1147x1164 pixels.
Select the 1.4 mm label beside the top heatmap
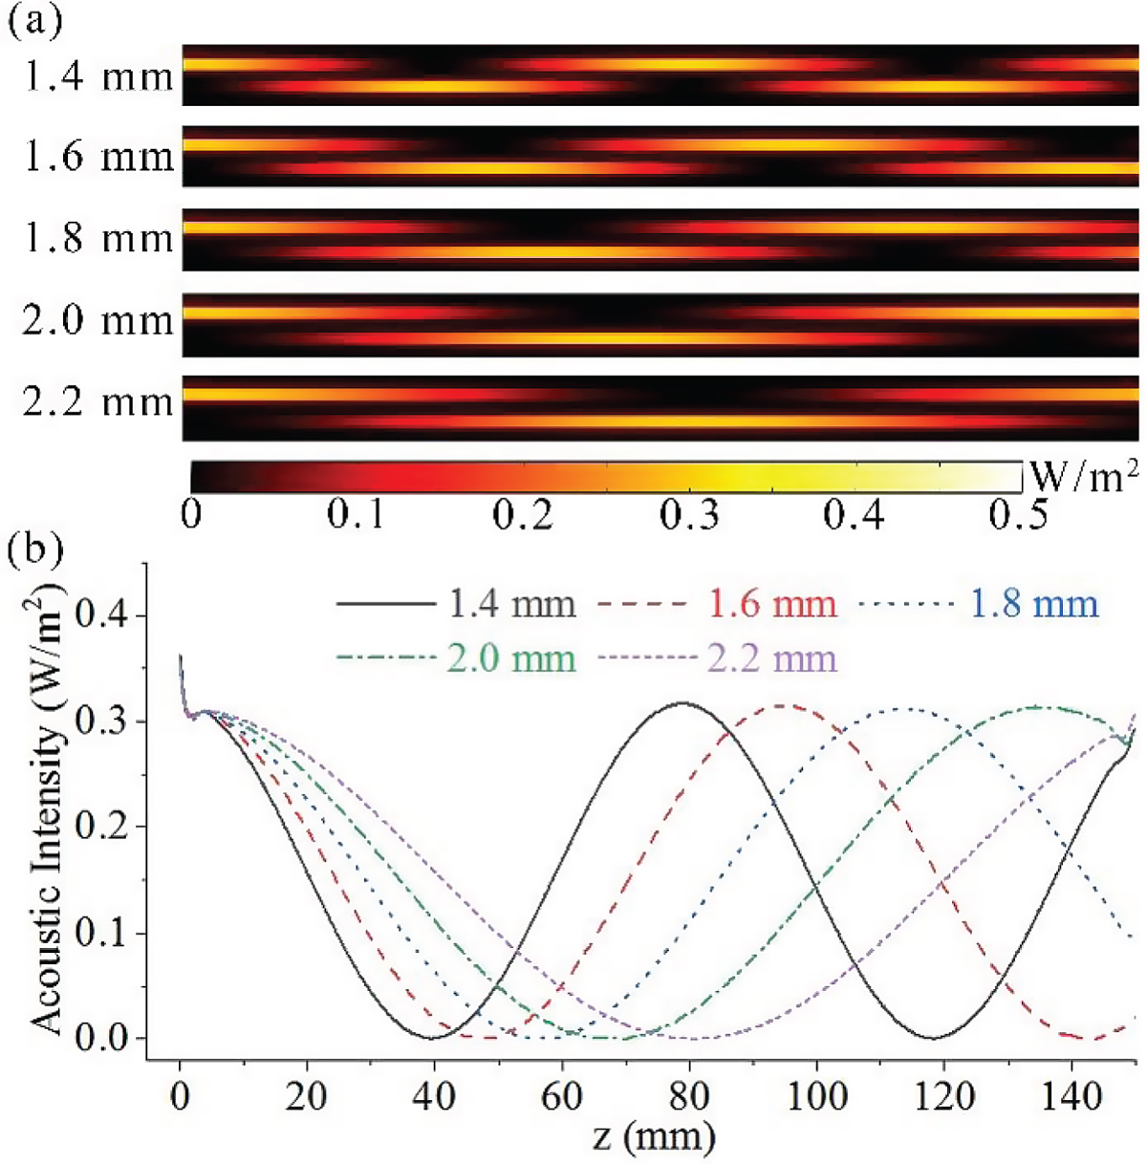click(98, 75)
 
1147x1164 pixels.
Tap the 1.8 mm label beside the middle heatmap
click(98, 238)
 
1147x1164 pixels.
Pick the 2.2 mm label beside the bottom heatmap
click(98, 401)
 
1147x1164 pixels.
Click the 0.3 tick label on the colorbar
click(689, 515)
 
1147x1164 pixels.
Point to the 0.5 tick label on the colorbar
click(1018, 515)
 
